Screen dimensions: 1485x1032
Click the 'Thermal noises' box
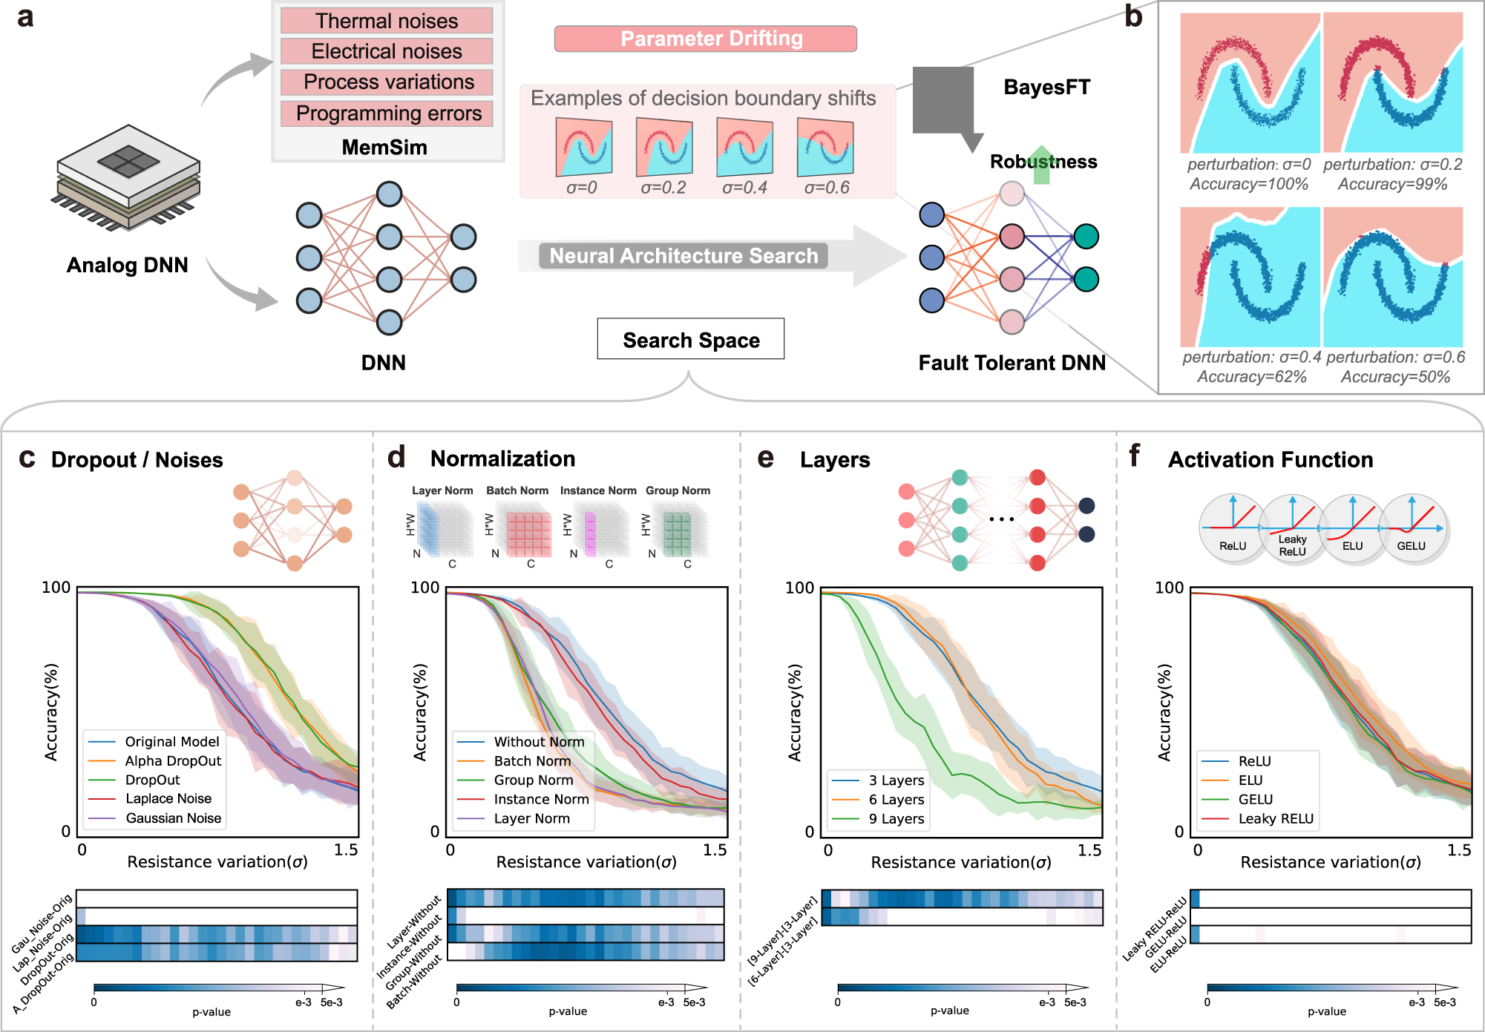click(387, 21)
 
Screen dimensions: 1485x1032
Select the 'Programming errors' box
click(387, 114)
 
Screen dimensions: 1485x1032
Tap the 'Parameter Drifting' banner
click(706, 39)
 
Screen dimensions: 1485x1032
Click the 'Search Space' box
click(691, 339)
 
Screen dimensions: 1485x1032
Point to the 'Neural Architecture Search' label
click(684, 256)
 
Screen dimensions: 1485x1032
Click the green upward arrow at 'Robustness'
click(1043, 165)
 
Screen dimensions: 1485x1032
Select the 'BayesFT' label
click(1047, 88)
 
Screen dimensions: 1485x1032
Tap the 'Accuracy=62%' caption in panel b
click(1252, 377)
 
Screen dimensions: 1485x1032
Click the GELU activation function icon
click(1412, 528)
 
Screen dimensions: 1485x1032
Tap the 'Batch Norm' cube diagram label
click(517, 490)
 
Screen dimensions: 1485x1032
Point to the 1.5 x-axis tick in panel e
click(1089, 850)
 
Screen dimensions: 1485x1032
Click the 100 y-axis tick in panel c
click(56, 588)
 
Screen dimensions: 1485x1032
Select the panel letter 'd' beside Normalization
click(397, 457)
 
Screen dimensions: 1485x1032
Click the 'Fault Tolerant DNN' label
click(1012, 363)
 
